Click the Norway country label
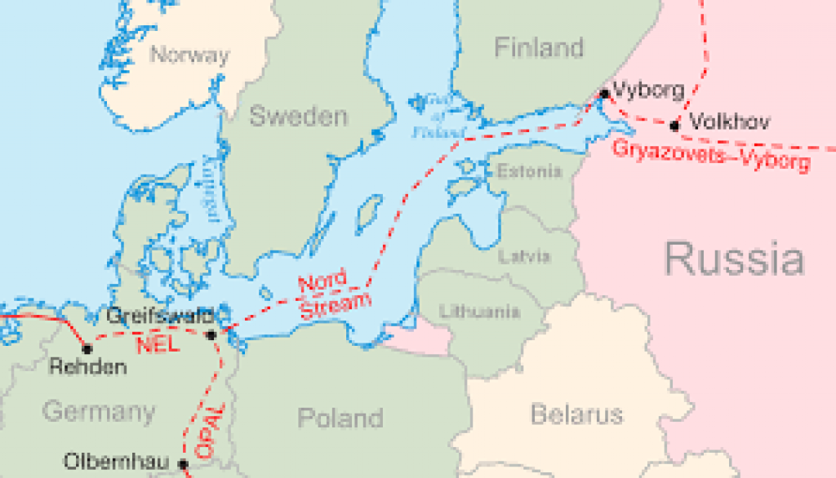click(190, 55)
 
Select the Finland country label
click(539, 48)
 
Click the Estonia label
click(529, 171)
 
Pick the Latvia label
click(524, 256)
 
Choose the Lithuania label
click(479, 311)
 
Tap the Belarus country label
click(576, 414)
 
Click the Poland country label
click(340, 418)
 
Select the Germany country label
click(98, 411)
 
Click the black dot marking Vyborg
click(604, 94)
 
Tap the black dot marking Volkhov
click(674, 126)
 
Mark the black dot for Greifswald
click(211, 334)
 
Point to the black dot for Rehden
click(87, 348)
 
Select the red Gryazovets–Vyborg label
click(710, 155)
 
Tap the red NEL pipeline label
click(158, 345)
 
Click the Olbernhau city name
click(116, 463)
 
